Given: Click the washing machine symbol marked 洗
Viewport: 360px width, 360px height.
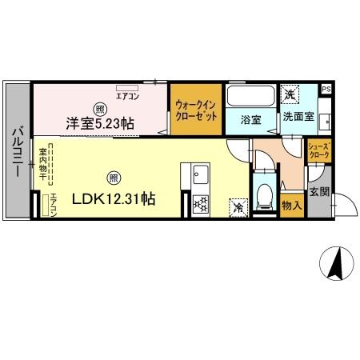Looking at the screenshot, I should click(290, 93).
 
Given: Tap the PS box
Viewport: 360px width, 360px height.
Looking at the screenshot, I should click(326, 90).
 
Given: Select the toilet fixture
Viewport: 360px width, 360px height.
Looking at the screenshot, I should click(264, 194).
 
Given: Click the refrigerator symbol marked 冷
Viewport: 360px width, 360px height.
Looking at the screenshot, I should click(238, 206).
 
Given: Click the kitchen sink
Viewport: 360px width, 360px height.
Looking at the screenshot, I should click(200, 174).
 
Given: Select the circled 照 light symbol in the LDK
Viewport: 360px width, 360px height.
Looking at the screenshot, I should click(114, 177).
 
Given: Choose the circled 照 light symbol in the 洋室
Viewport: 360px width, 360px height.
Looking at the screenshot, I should click(99, 109).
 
